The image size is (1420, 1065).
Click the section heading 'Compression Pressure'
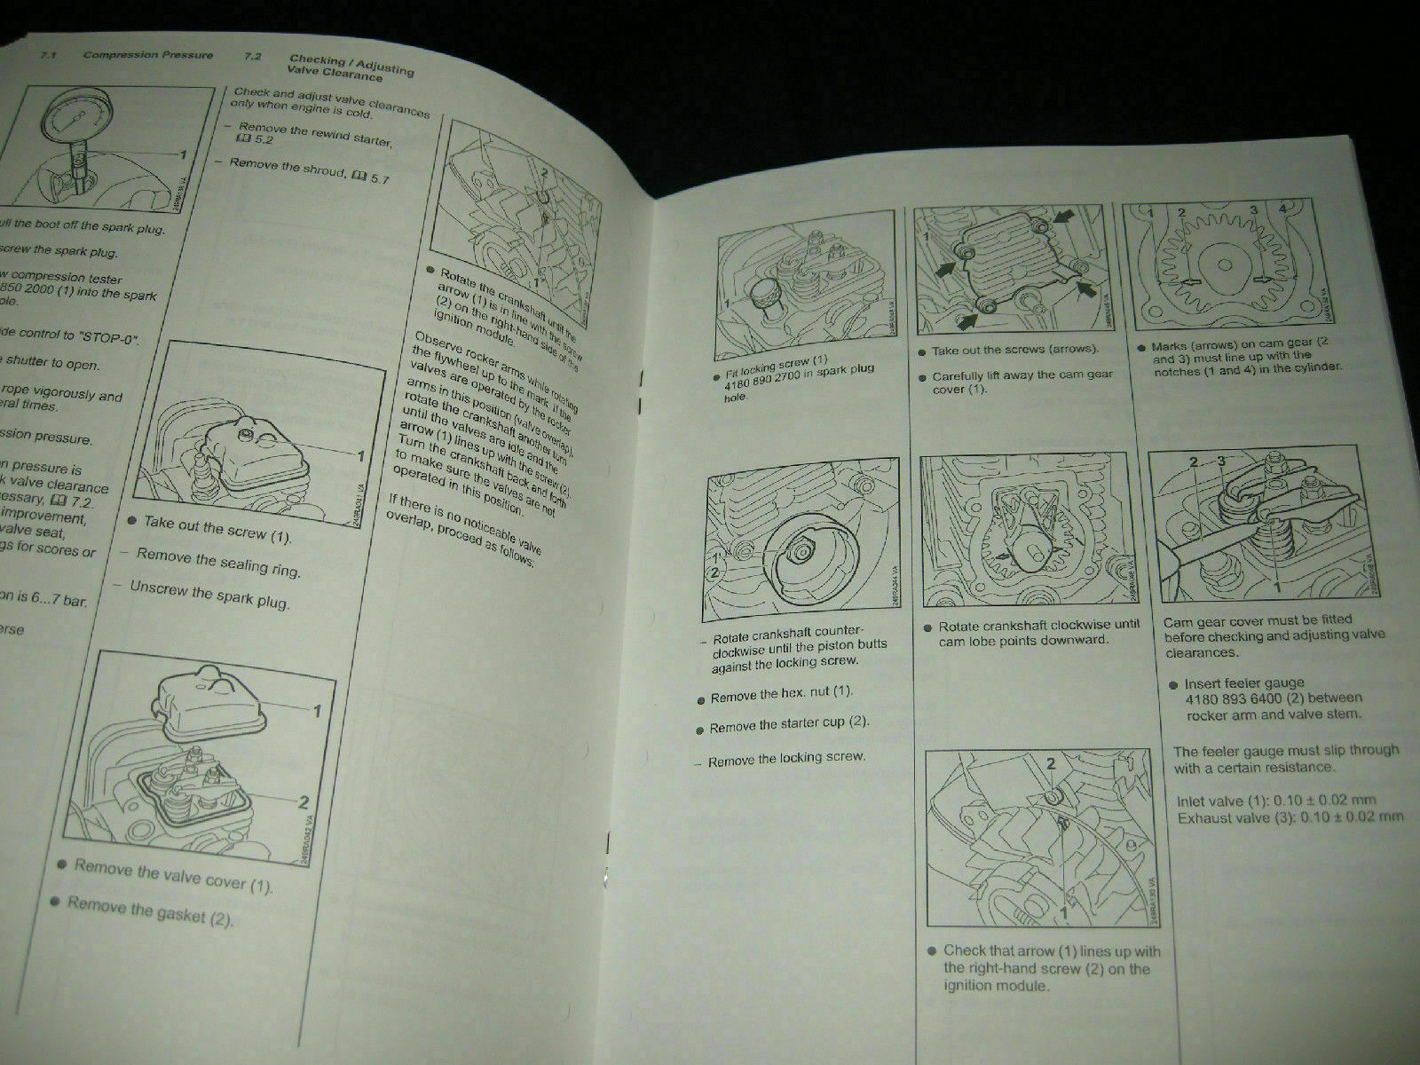pyautogui.click(x=147, y=55)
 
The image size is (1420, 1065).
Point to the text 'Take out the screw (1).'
pyautogui.click(x=217, y=530)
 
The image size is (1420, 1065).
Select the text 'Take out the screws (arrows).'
pyautogui.click(x=1014, y=351)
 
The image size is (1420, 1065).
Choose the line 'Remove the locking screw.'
pyautogui.click(x=786, y=759)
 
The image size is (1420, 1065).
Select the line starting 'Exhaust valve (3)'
pyautogui.click(x=1290, y=817)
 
